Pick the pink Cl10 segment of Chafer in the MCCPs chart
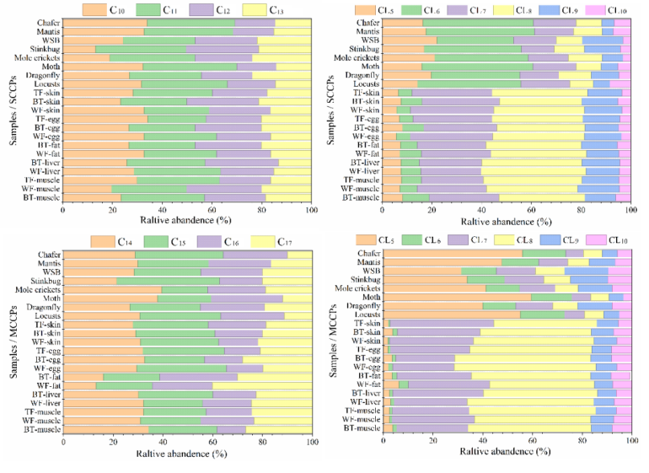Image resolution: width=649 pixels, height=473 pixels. pos(625,253)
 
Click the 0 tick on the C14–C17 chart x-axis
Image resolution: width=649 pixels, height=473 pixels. pos(64,440)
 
